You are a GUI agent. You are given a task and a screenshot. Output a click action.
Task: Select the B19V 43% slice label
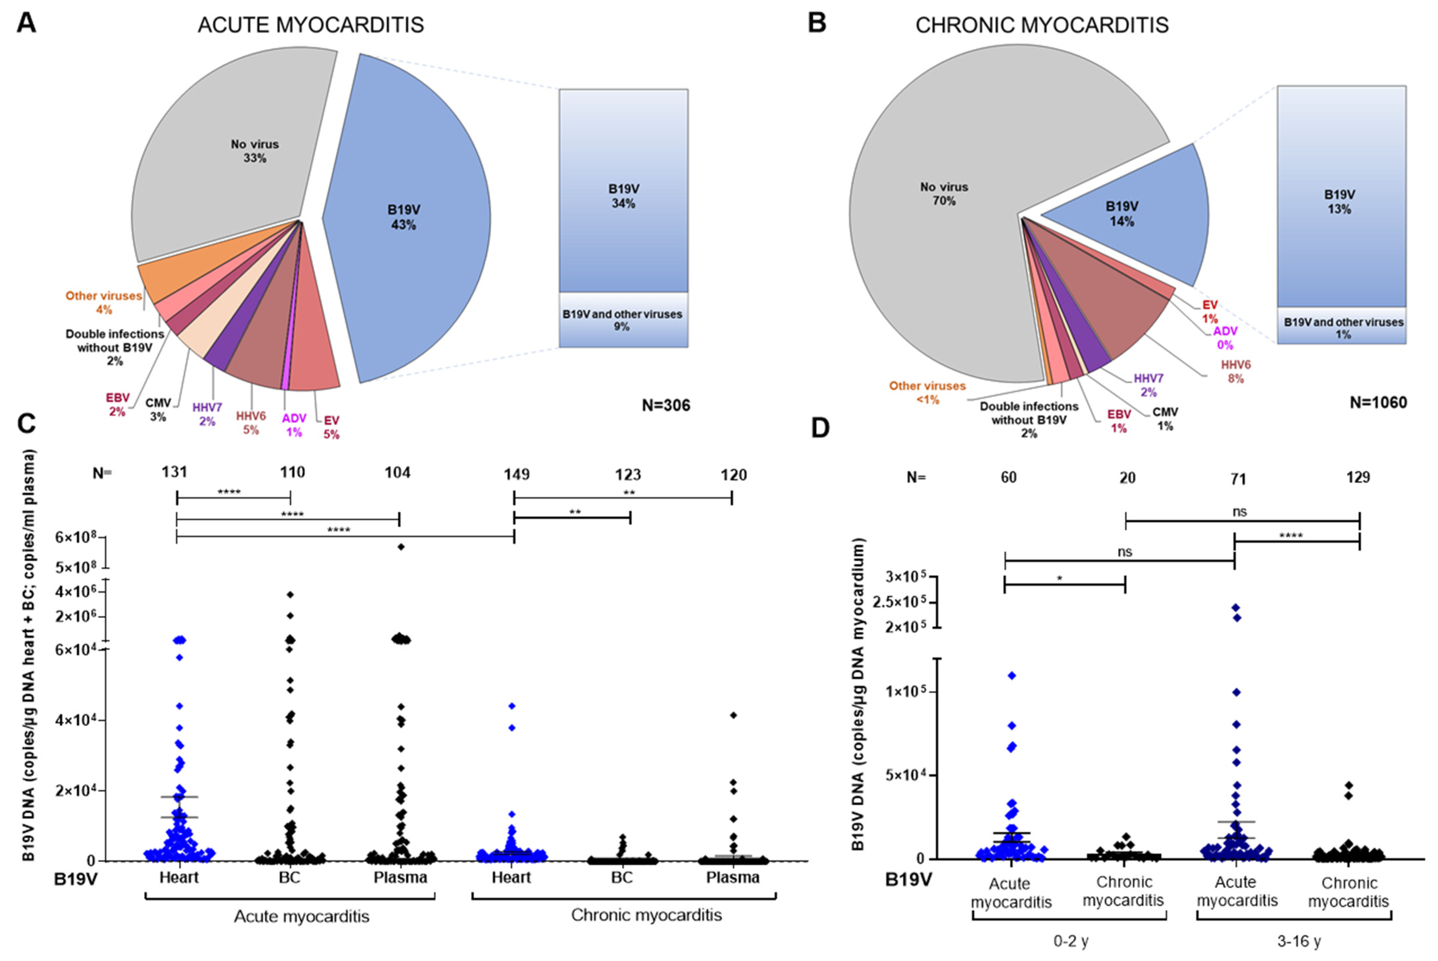tap(404, 217)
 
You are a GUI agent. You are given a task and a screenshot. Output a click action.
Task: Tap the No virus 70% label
tap(944, 194)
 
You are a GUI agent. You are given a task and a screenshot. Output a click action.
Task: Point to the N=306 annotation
tap(666, 405)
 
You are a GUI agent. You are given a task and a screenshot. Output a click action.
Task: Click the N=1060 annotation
tap(1378, 403)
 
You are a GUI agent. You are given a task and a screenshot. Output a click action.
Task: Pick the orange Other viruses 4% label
tap(104, 302)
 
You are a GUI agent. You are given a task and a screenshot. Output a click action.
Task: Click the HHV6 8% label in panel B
tap(1236, 372)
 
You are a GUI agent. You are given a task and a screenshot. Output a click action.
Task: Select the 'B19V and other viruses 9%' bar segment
tap(622, 320)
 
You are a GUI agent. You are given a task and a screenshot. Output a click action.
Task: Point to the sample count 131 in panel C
tap(175, 472)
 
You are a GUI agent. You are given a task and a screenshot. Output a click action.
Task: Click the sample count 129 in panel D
tap(1358, 477)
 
